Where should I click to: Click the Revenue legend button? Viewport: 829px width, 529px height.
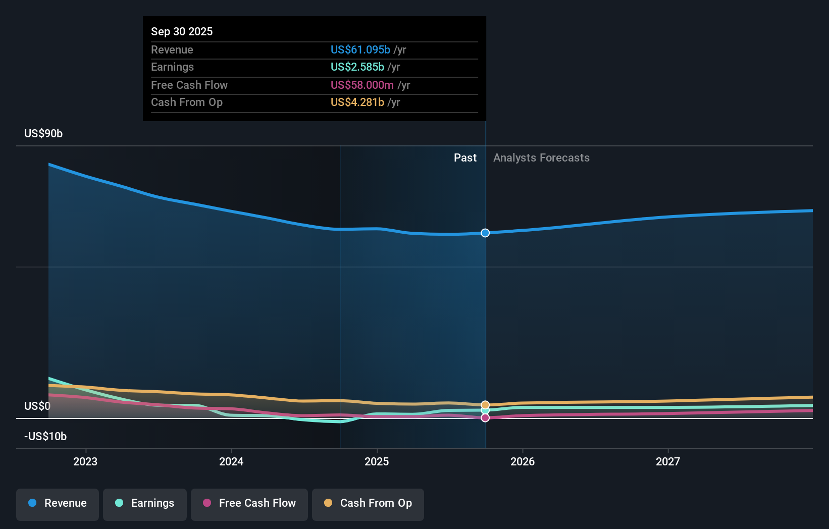click(x=57, y=504)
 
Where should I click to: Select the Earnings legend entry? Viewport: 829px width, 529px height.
click(x=145, y=504)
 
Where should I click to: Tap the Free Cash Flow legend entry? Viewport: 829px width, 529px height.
click(x=249, y=504)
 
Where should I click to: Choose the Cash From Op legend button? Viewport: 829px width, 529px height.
click(x=368, y=504)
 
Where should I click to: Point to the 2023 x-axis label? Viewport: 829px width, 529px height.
click(x=85, y=461)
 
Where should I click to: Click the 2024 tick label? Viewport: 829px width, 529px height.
click(x=231, y=461)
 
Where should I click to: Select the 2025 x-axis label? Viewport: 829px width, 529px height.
click(x=377, y=461)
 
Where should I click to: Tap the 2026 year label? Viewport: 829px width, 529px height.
click(x=523, y=461)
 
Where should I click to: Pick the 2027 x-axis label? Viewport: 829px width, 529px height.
click(x=668, y=461)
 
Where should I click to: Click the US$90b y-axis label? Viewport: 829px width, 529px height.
click(x=43, y=134)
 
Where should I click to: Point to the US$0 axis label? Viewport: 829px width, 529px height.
click(x=37, y=406)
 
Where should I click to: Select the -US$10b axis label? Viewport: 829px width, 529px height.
click(x=45, y=437)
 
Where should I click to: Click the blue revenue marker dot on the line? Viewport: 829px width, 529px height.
click(x=485, y=233)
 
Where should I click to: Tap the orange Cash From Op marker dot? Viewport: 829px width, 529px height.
click(x=485, y=405)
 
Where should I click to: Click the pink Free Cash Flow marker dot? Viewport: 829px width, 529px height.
click(x=485, y=418)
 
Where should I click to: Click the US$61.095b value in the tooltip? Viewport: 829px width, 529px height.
click(x=360, y=50)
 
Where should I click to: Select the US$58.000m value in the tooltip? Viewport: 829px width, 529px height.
click(x=362, y=85)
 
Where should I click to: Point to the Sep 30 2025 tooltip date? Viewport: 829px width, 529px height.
click(x=182, y=31)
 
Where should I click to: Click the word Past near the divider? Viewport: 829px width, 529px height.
click(x=465, y=158)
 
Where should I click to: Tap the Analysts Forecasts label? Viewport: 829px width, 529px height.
click(x=541, y=158)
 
